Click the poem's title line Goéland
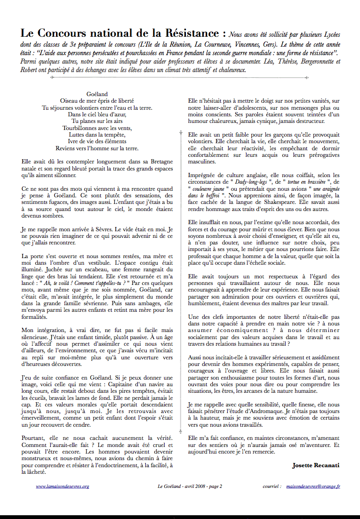[x=97, y=94]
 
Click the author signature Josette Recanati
[x=315, y=465]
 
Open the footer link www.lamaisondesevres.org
[x=62, y=486]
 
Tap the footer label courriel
[x=272, y=486]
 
